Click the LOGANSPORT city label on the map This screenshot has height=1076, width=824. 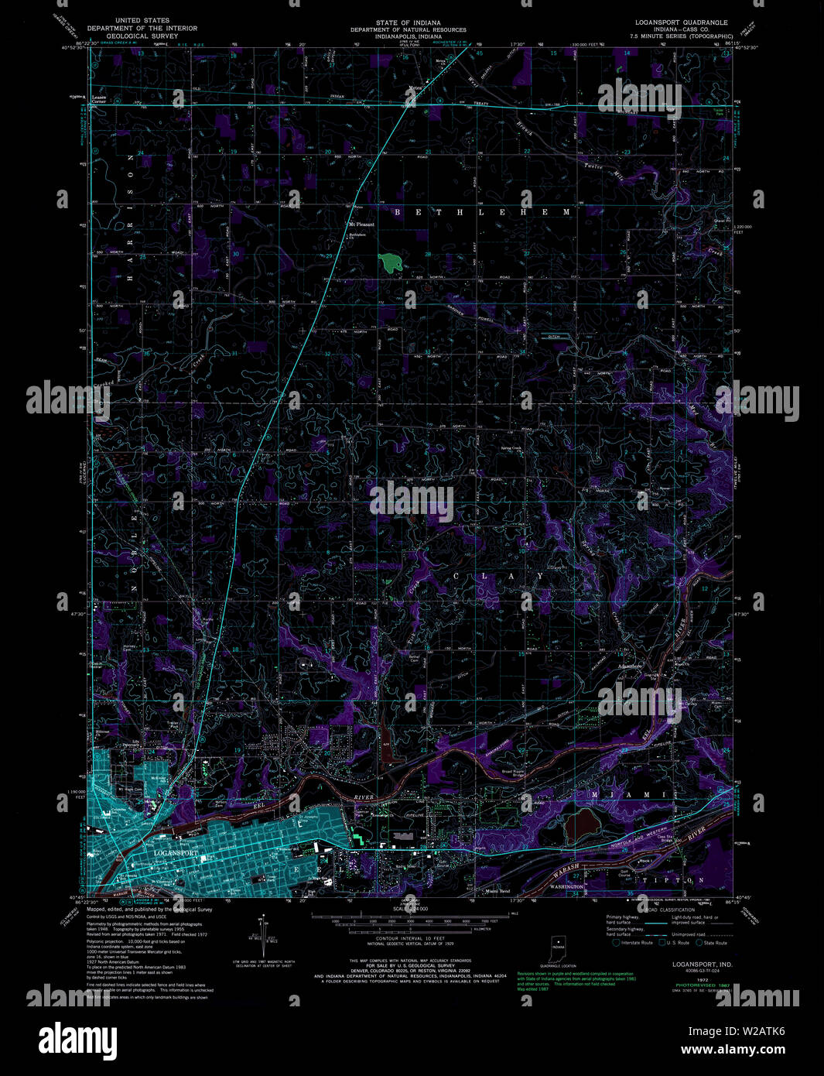click(x=176, y=853)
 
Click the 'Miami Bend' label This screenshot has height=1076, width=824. click(x=497, y=891)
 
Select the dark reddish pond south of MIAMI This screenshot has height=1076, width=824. click(x=586, y=827)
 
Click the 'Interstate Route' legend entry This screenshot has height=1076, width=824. click(x=637, y=943)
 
